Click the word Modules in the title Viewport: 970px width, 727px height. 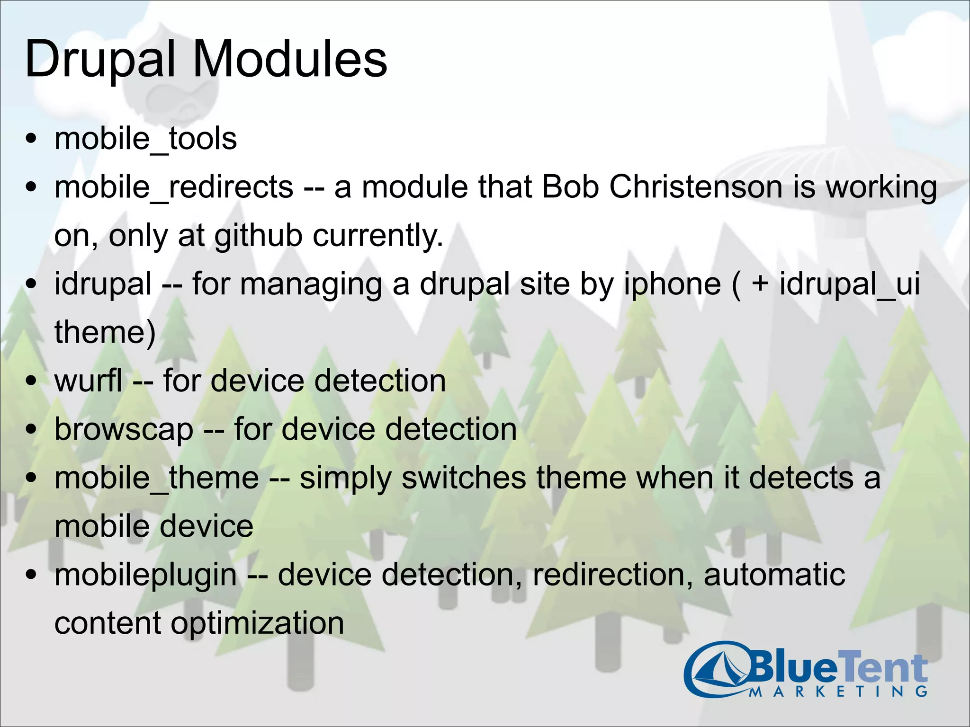click(x=290, y=60)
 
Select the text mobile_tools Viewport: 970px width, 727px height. click(x=145, y=139)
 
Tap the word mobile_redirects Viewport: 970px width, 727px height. click(x=174, y=187)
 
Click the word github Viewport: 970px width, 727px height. click(x=258, y=236)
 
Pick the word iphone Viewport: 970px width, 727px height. click(x=672, y=285)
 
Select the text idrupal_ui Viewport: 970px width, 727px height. click(x=849, y=285)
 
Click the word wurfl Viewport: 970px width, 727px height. click(x=89, y=381)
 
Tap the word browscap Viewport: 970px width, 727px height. click(x=124, y=430)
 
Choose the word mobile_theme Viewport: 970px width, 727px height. click(x=157, y=478)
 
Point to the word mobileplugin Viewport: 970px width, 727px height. click(x=145, y=576)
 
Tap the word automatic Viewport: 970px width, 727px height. click(x=774, y=575)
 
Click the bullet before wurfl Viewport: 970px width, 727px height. click(x=32, y=381)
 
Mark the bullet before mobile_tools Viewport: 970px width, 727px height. click(x=32, y=139)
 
